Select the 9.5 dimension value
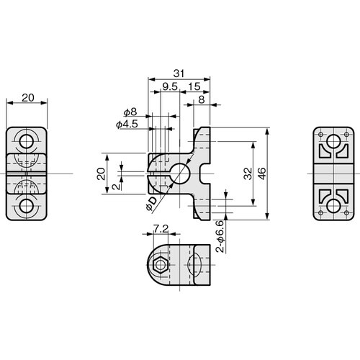click(x=170, y=87)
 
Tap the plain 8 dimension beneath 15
click(x=199, y=101)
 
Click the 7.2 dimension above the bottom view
click(x=162, y=230)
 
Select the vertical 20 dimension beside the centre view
click(x=102, y=173)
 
